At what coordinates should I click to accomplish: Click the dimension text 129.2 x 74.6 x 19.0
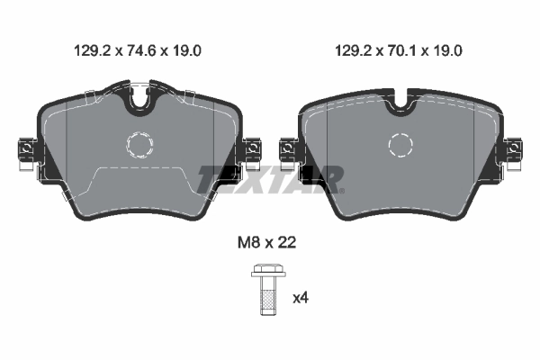coord(136,51)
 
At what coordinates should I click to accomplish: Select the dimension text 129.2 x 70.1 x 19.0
coord(397,51)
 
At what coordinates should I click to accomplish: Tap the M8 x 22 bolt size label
coord(265,242)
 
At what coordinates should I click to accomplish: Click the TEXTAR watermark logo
coord(270,178)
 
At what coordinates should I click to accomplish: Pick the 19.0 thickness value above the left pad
coord(184,51)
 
